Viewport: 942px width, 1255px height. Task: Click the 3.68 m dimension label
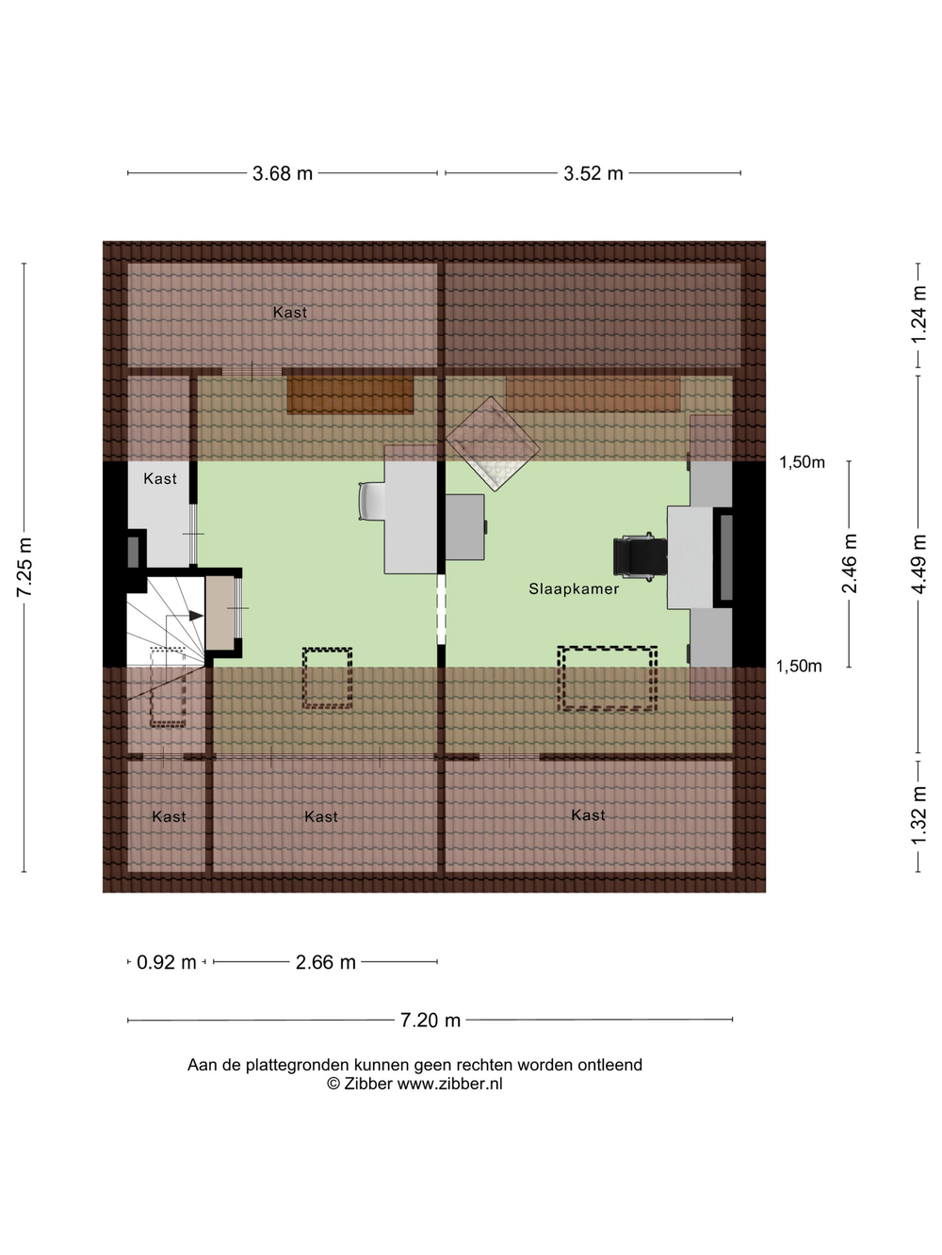(283, 173)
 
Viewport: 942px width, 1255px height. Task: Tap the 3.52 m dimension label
(593, 173)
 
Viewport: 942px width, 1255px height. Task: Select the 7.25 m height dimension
(25, 567)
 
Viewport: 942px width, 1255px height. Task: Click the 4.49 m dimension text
(918, 564)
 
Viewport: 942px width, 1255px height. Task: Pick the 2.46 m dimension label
(850, 563)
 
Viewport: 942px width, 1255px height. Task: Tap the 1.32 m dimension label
(918, 815)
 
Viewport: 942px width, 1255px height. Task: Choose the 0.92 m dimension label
(167, 962)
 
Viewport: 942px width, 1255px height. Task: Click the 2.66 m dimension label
(325, 962)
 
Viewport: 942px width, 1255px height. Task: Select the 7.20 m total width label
(430, 1020)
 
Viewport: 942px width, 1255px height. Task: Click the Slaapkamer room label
(574, 589)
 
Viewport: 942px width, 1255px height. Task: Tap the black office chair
(640, 556)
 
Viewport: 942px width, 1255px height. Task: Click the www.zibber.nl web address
(450, 1084)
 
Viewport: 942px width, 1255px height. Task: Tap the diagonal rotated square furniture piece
(493, 444)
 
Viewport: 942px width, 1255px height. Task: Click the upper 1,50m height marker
(802, 462)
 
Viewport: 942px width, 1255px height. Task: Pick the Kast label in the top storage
(290, 313)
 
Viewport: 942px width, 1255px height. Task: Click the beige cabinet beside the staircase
(220, 613)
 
